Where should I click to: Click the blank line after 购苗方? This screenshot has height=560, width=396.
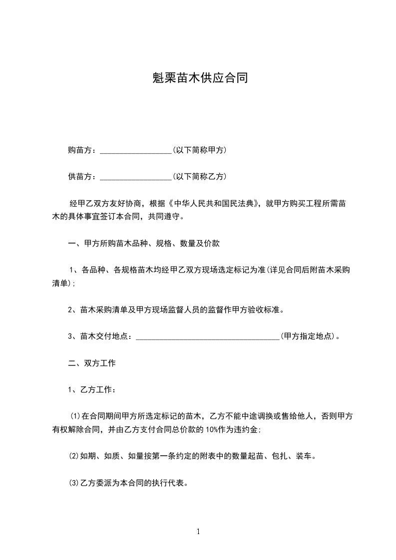135,150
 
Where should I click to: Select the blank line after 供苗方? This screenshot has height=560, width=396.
135,177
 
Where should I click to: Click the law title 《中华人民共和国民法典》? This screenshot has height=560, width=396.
215,203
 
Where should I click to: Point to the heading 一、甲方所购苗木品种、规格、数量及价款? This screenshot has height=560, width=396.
144,244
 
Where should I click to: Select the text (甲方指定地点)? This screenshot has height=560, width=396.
309,336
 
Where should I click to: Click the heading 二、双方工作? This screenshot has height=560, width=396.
92,363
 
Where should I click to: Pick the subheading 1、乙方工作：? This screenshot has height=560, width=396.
92,389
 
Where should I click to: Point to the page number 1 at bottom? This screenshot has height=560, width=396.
198,532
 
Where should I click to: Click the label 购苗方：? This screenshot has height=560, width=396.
83,150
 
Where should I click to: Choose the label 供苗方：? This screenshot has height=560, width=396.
83,176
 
